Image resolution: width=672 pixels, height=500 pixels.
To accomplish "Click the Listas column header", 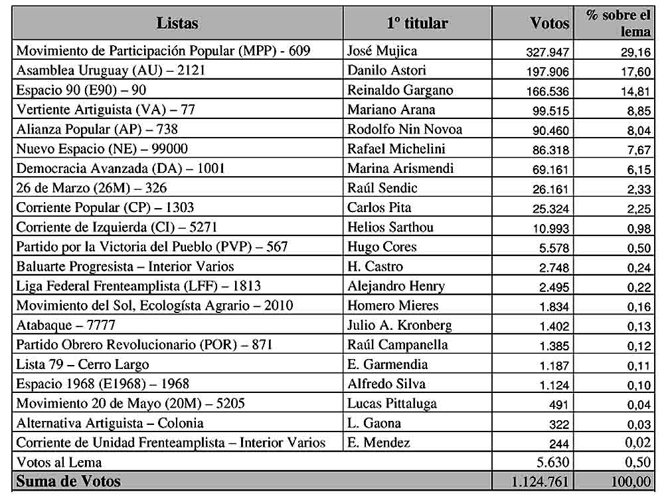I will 177,23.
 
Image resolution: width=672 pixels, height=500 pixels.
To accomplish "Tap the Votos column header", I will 549,23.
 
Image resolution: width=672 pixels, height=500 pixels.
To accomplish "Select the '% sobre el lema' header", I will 618,23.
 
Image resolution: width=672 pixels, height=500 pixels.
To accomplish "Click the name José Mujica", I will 382,51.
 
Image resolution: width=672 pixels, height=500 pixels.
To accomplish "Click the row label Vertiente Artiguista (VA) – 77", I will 106,110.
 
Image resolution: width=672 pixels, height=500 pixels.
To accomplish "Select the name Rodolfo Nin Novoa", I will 404,130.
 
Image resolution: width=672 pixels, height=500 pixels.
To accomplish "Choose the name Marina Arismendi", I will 400,168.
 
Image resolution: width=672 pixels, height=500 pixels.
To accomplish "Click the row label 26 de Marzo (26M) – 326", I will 91,188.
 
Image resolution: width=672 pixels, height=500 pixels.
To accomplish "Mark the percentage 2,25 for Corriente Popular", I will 636,208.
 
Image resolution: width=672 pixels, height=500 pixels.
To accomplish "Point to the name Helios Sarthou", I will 390,227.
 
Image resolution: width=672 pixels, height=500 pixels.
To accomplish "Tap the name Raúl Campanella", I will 397,344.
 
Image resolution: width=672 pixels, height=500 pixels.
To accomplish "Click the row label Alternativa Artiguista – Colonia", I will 110,423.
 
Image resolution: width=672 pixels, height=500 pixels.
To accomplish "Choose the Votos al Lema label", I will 59,461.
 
